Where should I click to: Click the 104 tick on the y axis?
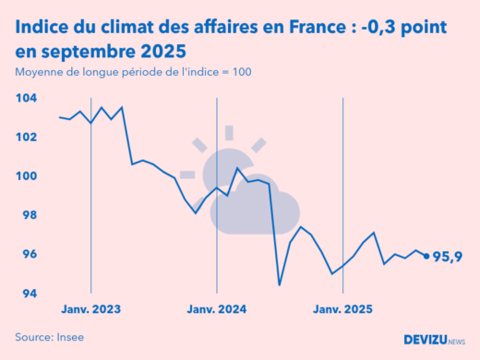point(26,98)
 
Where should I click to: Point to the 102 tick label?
point(26,137)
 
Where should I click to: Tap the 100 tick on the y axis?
point(26,176)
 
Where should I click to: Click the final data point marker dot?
point(426,257)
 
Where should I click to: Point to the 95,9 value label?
point(448,257)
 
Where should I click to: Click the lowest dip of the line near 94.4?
point(280,284)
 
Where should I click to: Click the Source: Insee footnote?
point(49,337)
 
